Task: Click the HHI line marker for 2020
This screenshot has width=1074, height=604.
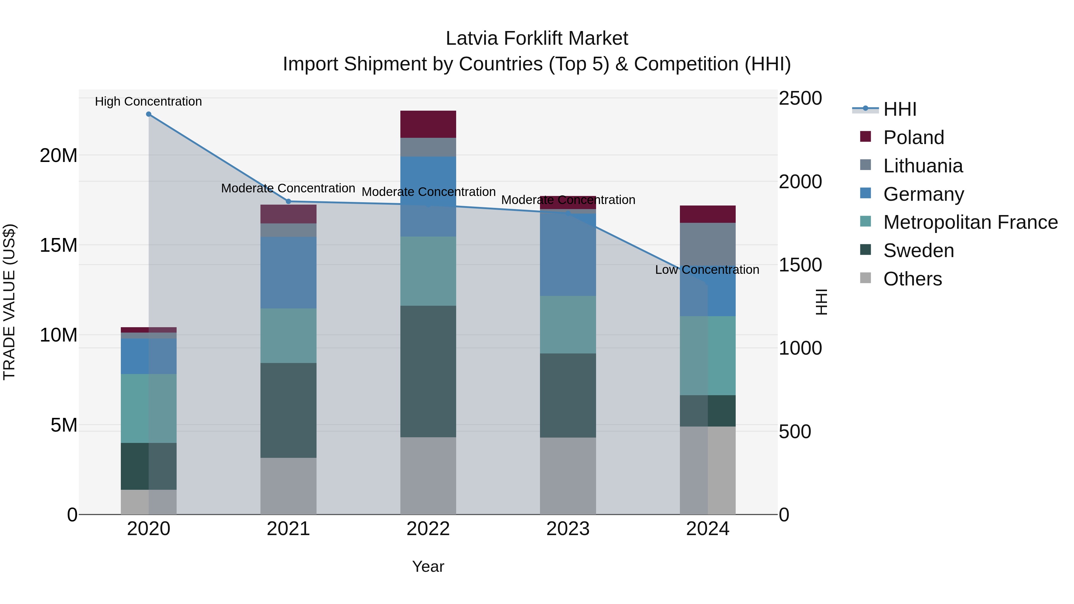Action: point(149,114)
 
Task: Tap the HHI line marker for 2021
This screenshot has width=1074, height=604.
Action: point(288,201)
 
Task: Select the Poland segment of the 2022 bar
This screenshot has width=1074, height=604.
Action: point(428,124)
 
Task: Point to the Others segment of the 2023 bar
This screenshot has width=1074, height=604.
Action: point(567,476)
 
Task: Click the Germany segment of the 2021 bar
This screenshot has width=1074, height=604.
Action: point(288,273)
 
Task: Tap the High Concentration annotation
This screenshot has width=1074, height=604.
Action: point(149,101)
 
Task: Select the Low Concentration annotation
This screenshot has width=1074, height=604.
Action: point(707,270)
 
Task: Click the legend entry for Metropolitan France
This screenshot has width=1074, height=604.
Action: point(970,222)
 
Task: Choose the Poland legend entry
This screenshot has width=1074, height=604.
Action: point(913,138)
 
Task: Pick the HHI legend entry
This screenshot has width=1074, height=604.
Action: point(900,109)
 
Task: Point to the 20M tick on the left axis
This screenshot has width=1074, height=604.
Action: point(58,155)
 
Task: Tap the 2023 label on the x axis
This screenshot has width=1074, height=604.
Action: point(567,529)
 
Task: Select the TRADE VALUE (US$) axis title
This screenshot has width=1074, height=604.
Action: point(9,302)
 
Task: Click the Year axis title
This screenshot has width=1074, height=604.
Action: point(428,566)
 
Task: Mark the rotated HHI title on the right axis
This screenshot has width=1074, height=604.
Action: point(821,302)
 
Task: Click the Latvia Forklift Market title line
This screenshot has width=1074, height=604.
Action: point(537,38)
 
